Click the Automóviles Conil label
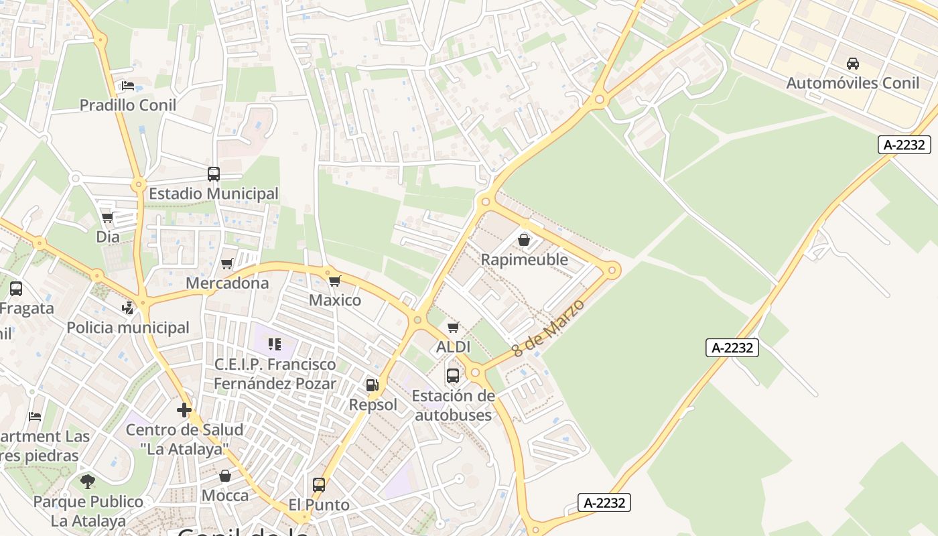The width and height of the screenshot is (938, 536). (852, 83)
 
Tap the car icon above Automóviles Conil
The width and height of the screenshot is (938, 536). (852, 64)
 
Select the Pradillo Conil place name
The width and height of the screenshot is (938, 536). (128, 105)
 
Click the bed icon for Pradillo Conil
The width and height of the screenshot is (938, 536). (128, 86)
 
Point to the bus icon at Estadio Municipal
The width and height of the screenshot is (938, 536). (214, 174)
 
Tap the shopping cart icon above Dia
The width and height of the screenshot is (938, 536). (107, 218)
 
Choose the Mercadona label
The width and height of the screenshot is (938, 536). (227, 283)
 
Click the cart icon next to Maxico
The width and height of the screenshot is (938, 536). (335, 281)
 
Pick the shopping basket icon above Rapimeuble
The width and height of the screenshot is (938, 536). (524, 240)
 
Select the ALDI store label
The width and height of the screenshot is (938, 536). (453, 347)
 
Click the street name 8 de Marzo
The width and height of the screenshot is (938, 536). (548, 328)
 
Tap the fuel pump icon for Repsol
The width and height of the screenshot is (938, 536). (372, 385)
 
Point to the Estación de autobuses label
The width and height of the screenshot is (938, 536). (453, 405)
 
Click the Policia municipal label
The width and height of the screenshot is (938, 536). (128, 328)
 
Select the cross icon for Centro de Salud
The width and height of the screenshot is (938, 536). (184, 410)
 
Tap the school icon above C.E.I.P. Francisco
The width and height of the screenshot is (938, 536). (275, 344)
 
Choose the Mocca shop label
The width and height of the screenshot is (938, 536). (225, 496)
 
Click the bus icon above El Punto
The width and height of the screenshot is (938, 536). (319, 485)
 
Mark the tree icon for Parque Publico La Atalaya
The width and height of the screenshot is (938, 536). (88, 482)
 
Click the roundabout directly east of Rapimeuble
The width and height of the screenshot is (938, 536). (612, 271)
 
